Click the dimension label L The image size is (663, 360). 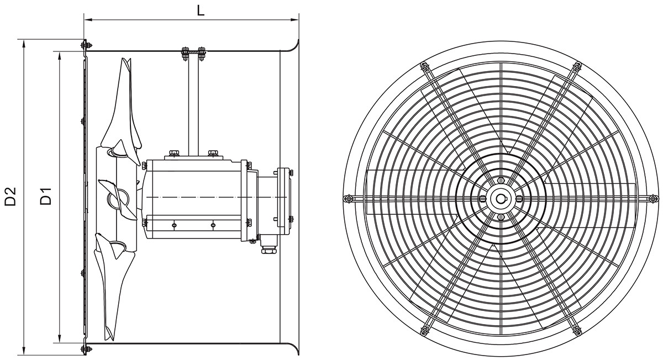(201, 10)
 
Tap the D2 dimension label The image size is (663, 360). (10, 197)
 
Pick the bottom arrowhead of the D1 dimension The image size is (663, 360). (59, 338)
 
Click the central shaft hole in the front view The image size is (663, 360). (501, 199)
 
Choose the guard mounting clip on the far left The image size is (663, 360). (348, 199)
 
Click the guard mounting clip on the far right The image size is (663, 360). (653, 199)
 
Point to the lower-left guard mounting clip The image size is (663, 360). (424, 330)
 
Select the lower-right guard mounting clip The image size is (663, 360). (577, 330)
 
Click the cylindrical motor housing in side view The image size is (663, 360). (193, 199)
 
